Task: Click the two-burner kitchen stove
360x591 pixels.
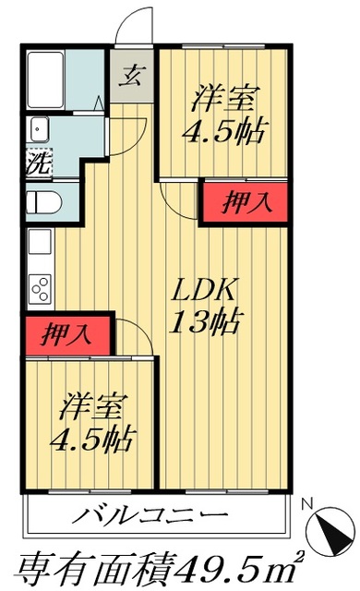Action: [41, 288]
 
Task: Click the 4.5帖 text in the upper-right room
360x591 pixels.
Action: [225, 130]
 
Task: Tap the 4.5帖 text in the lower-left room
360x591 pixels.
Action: [93, 437]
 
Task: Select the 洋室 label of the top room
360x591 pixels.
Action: [226, 97]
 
